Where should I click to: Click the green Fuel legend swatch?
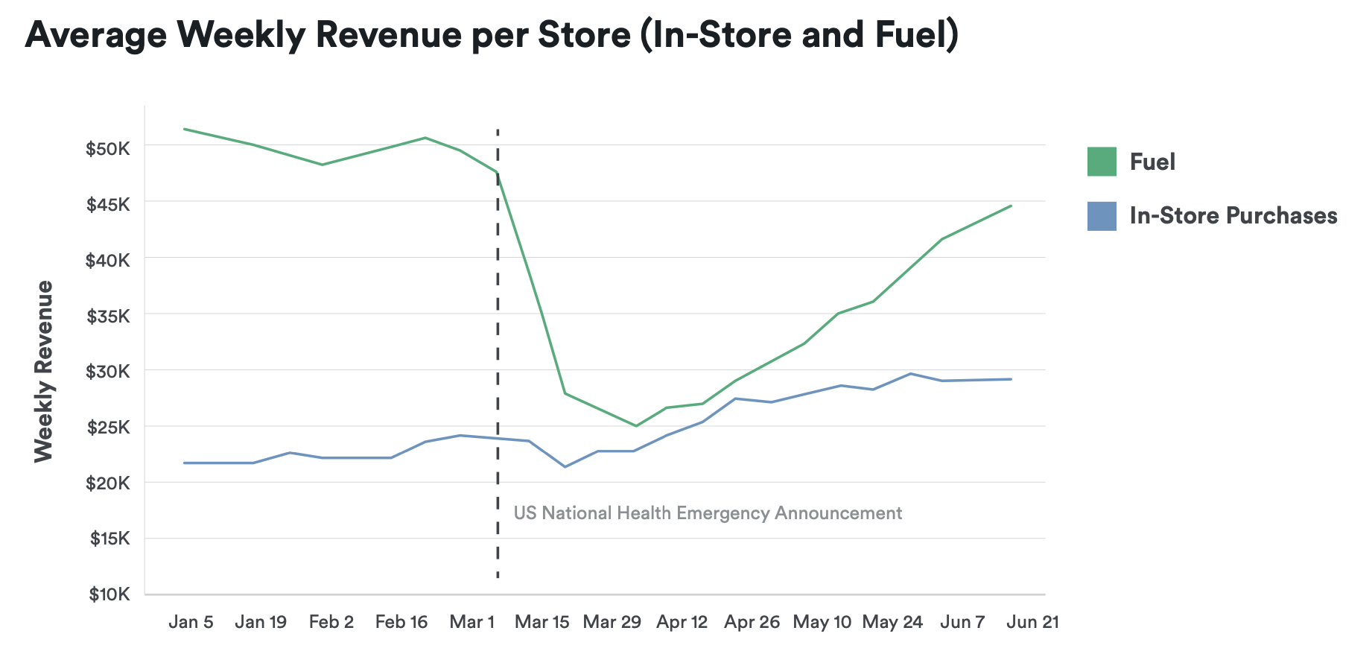tap(1102, 162)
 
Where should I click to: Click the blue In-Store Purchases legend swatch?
tap(1102, 216)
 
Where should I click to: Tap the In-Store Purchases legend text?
tap(1233, 216)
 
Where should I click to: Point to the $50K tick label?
tap(108, 148)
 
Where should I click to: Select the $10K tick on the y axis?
tap(109, 594)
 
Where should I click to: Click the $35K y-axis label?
tap(109, 316)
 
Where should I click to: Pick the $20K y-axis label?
tap(109, 483)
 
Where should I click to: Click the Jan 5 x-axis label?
tap(191, 622)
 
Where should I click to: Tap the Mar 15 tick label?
tap(542, 622)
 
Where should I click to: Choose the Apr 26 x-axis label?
tap(752, 622)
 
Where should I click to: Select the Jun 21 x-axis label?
tap(1032, 622)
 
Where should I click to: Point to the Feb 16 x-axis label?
tap(401, 622)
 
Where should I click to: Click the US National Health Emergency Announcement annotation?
tap(708, 513)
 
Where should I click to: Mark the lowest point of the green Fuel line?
tap(635, 426)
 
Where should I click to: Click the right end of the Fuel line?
tap(1011, 206)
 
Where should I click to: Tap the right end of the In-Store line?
tap(1011, 379)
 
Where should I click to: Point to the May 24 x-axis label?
tap(892, 622)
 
